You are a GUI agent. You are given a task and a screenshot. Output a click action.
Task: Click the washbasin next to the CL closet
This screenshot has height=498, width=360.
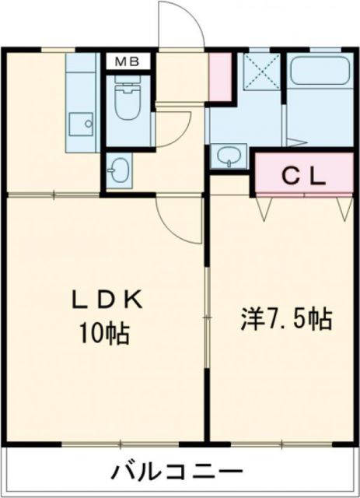click(228, 156)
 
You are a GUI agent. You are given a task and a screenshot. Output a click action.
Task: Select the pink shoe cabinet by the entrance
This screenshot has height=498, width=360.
click(221, 77)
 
